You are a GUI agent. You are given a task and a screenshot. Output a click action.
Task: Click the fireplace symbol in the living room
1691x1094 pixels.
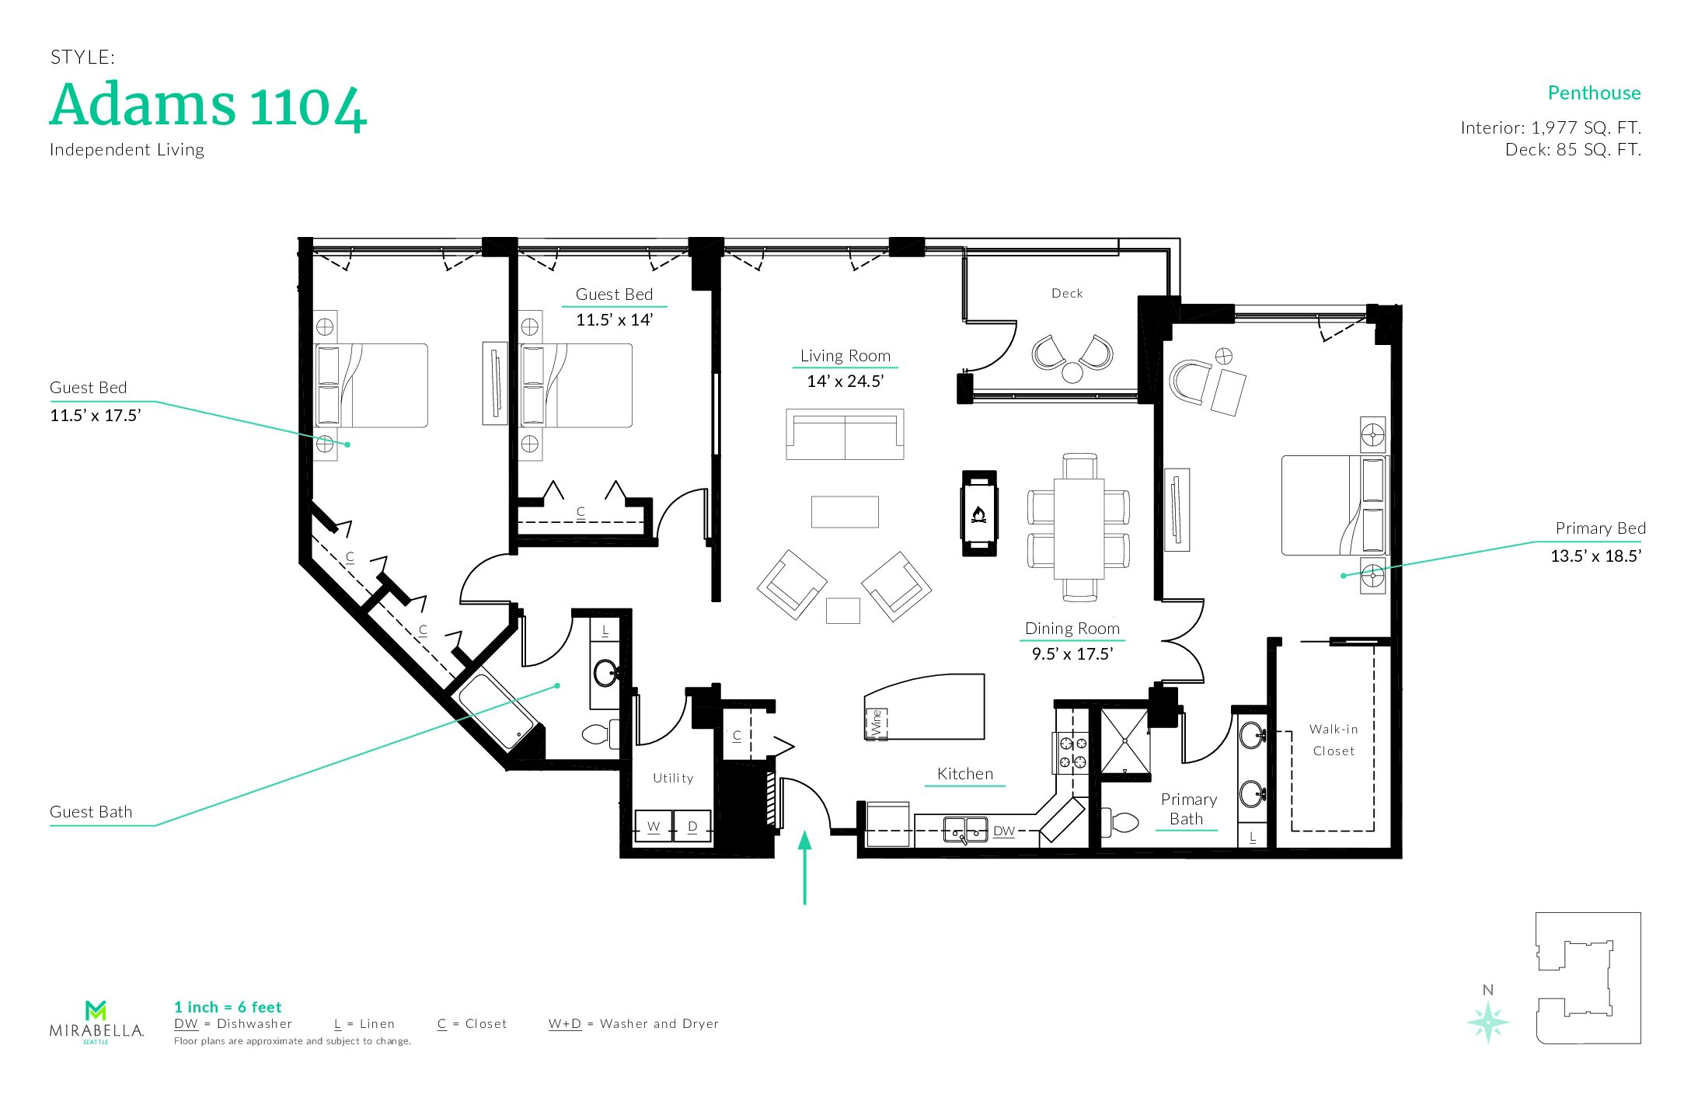tap(979, 514)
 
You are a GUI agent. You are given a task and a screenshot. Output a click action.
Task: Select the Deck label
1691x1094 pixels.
tap(1067, 293)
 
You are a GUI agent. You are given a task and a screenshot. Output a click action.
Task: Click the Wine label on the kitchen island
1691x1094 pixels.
tap(877, 723)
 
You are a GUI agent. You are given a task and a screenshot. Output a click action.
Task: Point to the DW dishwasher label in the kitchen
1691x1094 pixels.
tap(1004, 831)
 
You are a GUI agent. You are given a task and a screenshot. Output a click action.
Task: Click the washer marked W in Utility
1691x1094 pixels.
tap(654, 827)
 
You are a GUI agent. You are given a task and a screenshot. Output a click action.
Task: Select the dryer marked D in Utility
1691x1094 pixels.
tap(692, 827)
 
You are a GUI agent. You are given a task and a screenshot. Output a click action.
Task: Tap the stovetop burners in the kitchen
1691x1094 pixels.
tap(1072, 753)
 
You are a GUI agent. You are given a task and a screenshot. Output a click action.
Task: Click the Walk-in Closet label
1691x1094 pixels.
tap(1334, 740)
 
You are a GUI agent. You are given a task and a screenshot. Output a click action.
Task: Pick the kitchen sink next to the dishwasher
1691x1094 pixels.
tap(965, 831)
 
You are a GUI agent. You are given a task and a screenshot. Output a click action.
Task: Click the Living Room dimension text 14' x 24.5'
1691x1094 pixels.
tap(845, 382)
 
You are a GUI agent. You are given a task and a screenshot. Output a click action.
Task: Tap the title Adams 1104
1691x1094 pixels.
tap(208, 106)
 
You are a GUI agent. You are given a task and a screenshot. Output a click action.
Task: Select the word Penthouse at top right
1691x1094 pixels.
tap(1594, 93)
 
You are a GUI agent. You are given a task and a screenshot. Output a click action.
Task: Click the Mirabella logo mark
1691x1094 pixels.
tap(96, 1010)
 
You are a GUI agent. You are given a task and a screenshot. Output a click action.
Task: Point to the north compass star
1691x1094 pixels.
tap(1488, 1022)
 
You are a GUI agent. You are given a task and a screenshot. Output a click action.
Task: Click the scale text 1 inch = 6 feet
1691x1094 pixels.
tap(228, 1007)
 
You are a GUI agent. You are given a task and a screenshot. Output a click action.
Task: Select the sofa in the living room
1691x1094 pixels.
tap(845, 434)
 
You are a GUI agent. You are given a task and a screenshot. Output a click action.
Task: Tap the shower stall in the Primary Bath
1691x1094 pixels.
tap(1124, 743)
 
